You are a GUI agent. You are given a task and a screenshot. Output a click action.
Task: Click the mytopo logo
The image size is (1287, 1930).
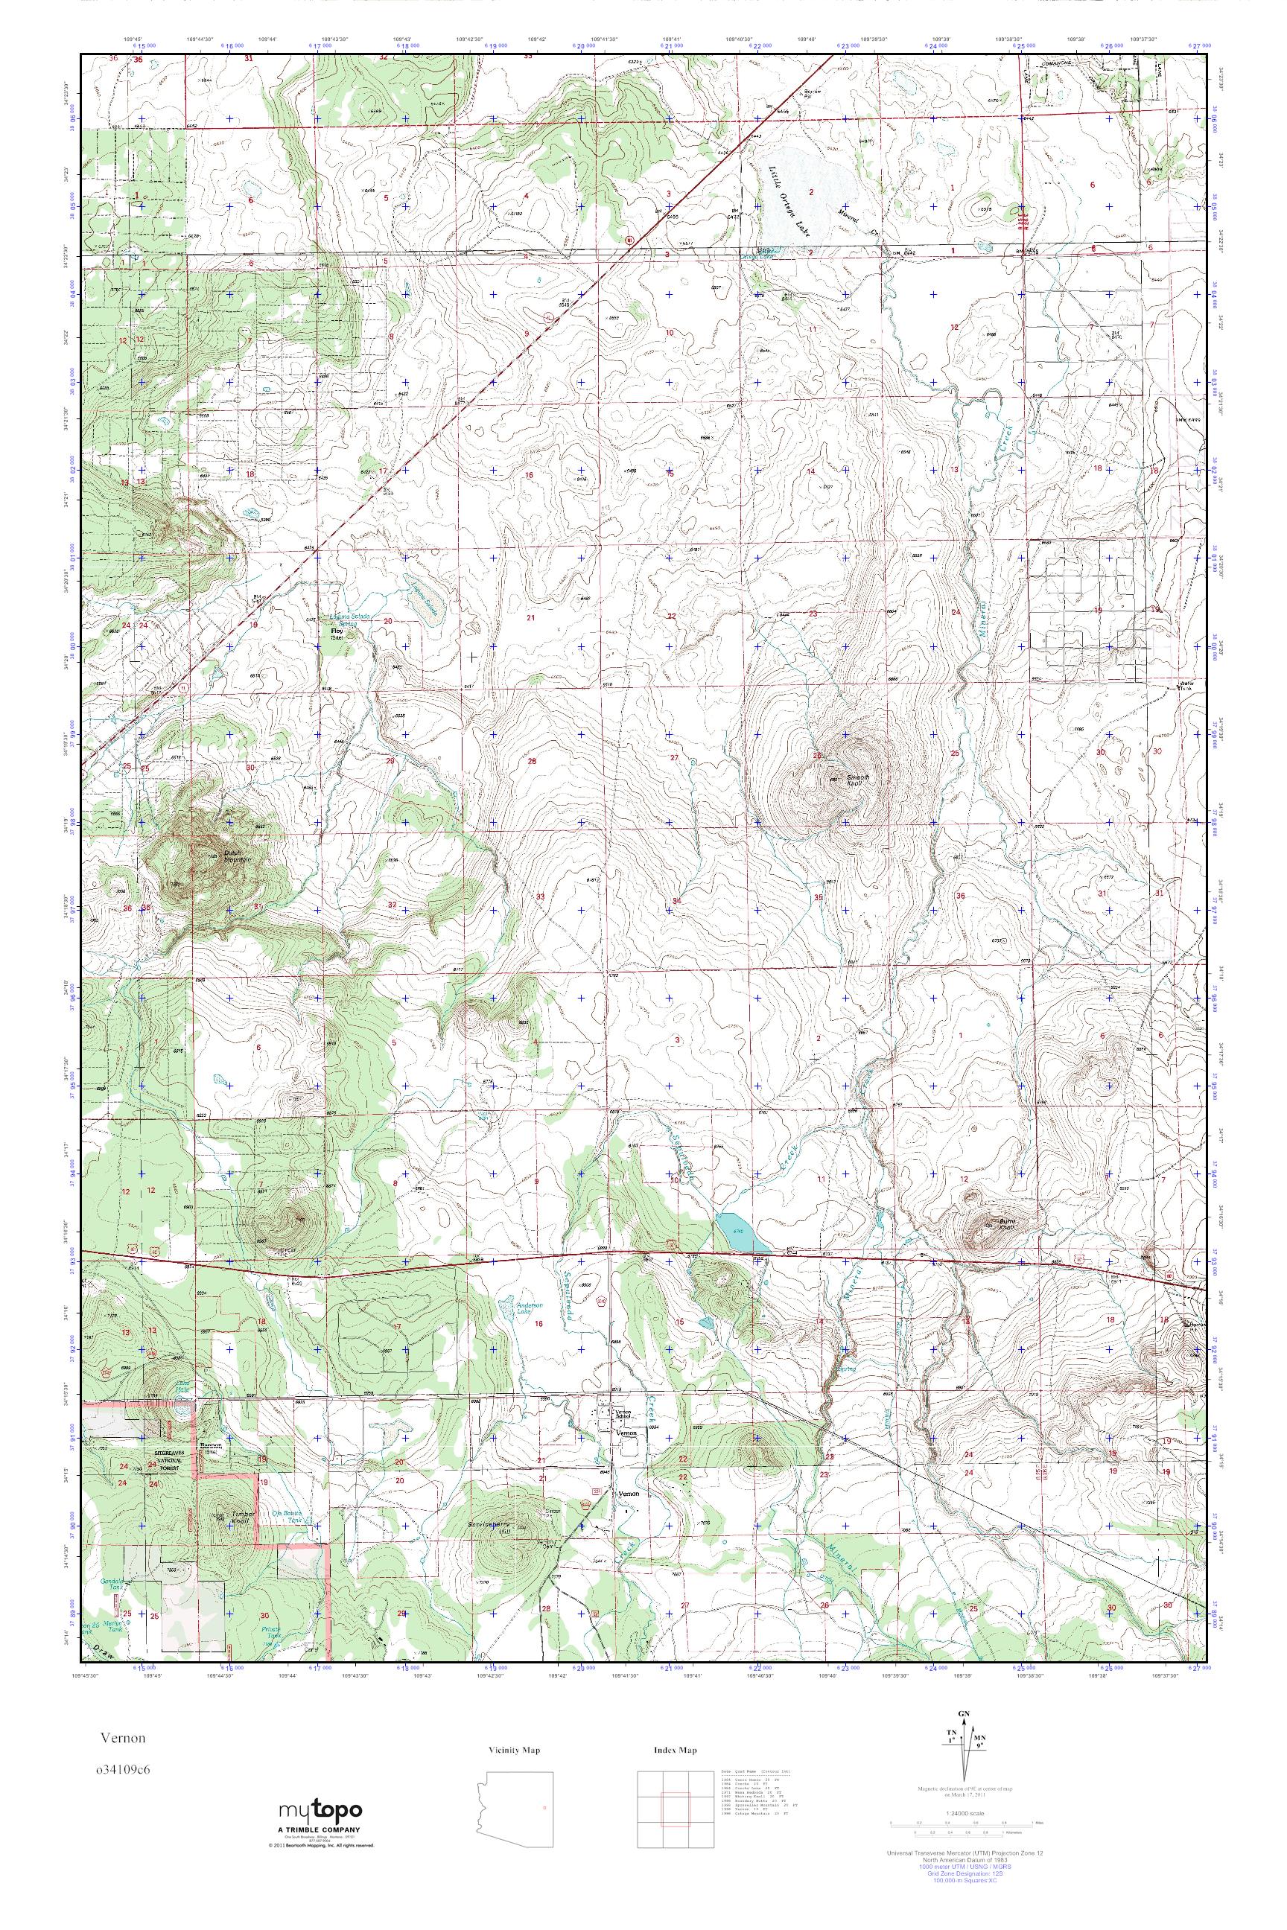click(320, 1804)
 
